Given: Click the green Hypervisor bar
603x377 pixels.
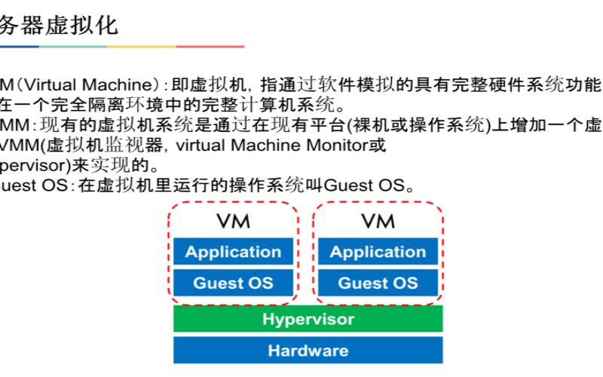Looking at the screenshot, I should point(308,318).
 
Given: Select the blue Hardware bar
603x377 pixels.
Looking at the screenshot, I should point(308,350).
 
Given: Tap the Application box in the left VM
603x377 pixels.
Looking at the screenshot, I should point(233,252).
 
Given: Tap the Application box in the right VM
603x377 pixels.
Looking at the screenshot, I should point(378,252).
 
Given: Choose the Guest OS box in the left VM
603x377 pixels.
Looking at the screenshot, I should point(233,284).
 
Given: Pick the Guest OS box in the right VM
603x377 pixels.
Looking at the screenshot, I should point(378,284).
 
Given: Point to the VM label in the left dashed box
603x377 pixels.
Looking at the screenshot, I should point(233,221).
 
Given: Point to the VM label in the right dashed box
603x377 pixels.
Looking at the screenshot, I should point(378,221).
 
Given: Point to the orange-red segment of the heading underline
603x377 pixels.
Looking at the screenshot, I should point(210,47).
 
